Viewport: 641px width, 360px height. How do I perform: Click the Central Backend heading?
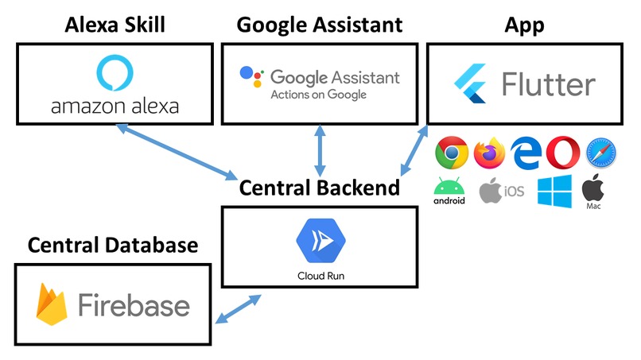(320, 188)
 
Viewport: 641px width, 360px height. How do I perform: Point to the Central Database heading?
(113, 245)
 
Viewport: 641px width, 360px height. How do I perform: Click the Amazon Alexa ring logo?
(115, 74)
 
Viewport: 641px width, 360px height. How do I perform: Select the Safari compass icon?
(600, 153)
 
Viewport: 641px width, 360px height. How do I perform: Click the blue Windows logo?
(554, 192)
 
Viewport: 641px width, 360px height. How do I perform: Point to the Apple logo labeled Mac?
(593, 188)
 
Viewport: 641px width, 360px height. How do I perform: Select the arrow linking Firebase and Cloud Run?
(239, 309)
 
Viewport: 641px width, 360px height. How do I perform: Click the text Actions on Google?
(318, 95)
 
